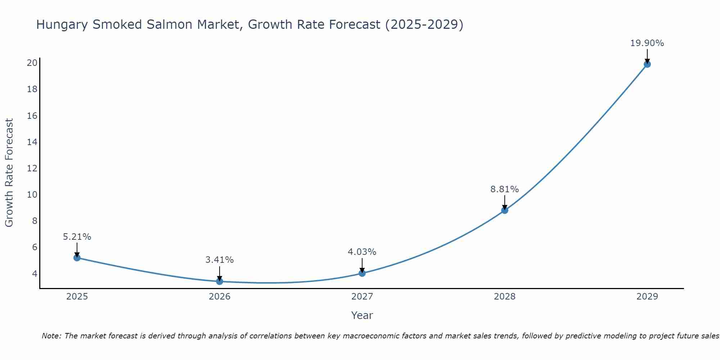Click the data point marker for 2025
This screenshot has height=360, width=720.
point(77,258)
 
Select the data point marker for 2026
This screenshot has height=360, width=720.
point(220,281)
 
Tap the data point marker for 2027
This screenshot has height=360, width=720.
point(362,273)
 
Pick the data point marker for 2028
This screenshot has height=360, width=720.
point(505,210)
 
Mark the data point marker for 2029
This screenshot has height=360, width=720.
point(647,64)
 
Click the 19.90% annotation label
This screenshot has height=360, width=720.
point(647,43)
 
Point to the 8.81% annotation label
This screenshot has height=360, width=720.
point(504,189)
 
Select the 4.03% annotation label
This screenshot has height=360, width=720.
point(362,252)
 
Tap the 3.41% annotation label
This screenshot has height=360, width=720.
point(220,260)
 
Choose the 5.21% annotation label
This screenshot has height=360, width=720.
point(77,237)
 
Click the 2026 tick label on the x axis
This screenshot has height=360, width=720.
point(220,297)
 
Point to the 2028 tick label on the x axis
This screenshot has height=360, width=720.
point(505,297)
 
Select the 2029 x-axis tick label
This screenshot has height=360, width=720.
point(647,297)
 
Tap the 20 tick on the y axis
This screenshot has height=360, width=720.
point(32,63)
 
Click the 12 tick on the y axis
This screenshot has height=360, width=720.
point(32,168)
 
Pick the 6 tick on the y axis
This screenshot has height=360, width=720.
point(35,247)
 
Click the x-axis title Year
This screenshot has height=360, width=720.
point(362,315)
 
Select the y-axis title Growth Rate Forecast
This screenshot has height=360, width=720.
point(9,173)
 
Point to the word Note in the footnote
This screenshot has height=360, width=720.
point(51,336)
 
